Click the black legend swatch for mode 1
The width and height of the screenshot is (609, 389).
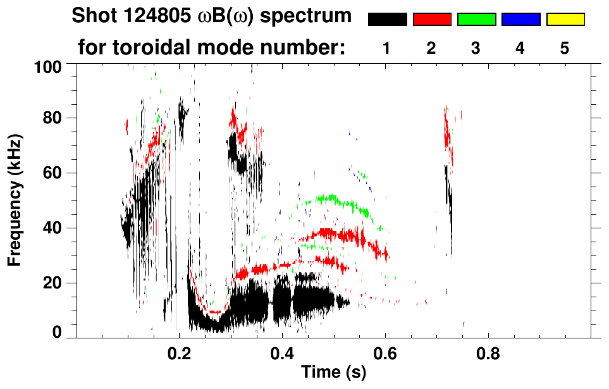[387, 20]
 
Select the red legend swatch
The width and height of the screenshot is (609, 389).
[432, 20]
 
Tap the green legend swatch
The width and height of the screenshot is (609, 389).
[476, 20]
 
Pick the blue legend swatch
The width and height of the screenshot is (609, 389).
[520, 20]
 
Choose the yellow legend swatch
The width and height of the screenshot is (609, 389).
[565, 20]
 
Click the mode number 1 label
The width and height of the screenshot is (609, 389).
[387, 48]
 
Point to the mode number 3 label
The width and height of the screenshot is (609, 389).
[476, 48]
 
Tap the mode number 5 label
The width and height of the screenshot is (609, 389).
[565, 48]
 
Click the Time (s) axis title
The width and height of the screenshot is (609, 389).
[333, 373]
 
